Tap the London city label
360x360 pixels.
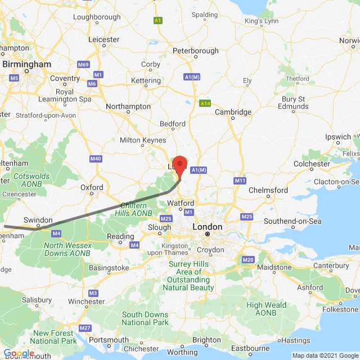[207, 227]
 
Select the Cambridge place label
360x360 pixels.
[233, 112]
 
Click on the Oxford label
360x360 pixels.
[92, 187]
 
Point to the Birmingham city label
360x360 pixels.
[26, 65]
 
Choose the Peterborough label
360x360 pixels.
[196, 51]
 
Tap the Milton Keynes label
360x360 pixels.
[142, 140]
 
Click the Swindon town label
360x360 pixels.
[38, 220]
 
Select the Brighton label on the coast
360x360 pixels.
[206, 340]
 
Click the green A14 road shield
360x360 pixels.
[205, 103]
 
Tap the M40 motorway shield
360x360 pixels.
[96, 159]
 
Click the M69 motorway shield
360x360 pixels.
[83, 65]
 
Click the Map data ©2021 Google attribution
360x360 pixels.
[325, 355]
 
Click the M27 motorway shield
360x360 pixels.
[85, 328]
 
